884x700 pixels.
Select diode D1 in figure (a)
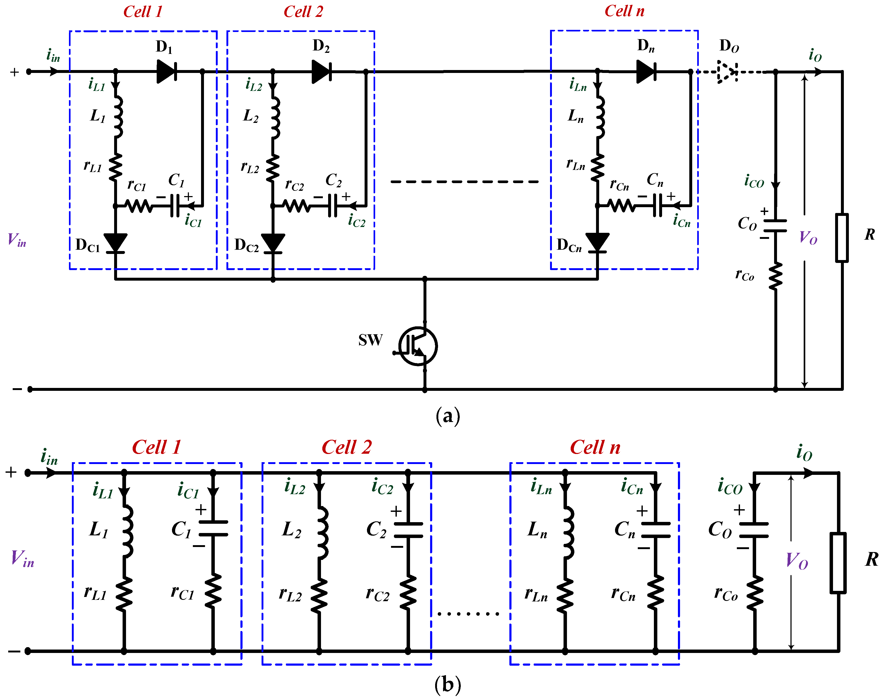166,71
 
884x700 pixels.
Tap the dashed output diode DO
727,72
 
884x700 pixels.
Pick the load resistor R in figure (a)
842,238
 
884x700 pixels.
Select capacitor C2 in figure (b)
408,530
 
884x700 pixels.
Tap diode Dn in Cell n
646,71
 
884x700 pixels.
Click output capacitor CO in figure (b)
754,530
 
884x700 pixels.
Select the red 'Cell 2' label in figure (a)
303,11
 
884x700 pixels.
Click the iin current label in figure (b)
49,456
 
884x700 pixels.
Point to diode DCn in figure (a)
597,243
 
